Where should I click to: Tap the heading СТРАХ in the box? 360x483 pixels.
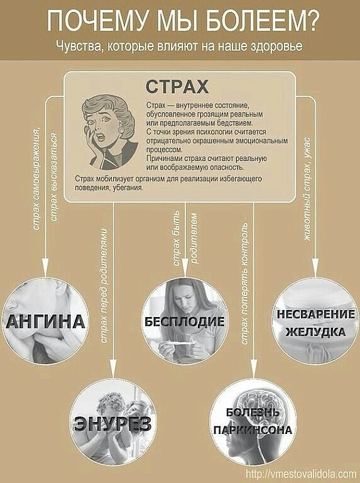177,87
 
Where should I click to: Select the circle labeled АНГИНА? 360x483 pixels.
45,321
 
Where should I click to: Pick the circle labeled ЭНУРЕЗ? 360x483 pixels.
112,423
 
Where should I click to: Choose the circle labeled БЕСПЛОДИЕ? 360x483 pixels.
185,321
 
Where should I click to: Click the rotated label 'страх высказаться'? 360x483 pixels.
53,177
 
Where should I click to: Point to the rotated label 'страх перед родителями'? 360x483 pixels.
104,286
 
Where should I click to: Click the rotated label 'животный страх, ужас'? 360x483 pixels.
307,189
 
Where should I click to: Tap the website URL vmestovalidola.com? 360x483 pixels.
301,474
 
